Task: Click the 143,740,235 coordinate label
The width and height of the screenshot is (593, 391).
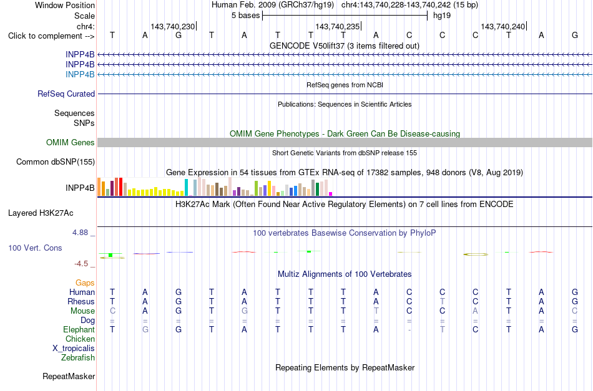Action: pos(337,26)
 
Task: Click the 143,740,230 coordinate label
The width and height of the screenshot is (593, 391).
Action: pos(172,26)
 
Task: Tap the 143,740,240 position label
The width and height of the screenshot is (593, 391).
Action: pos(502,26)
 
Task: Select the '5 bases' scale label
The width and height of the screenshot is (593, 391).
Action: pos(246,16)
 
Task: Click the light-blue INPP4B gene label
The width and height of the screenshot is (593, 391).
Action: pos(80,74)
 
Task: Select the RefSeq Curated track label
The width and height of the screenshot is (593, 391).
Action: pos(66,94)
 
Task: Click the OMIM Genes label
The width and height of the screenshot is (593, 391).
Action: pos(71,142)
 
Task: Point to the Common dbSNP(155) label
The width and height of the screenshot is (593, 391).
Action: pos(56,162)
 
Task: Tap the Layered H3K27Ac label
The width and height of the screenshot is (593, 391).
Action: pos(41,213)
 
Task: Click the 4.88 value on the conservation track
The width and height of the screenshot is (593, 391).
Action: pos(80,233)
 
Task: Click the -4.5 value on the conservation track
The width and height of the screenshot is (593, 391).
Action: pos(81,264)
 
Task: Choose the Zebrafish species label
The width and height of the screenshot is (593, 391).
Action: pos(78,358)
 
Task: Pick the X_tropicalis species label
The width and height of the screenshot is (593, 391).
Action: pos(74,349)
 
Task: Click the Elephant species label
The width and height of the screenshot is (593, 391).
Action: pos(79,330)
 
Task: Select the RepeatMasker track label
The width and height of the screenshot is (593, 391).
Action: pos(69,376)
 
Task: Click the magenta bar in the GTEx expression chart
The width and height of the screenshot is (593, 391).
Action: pos(331,194)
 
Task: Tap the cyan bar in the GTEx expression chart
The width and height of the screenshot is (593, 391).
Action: pos(186,187)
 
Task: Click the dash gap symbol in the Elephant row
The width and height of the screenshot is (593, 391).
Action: pos(409,330)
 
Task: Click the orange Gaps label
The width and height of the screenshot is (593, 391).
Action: pos(85,283)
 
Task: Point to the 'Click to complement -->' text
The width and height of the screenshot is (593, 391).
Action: pos(51,36)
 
